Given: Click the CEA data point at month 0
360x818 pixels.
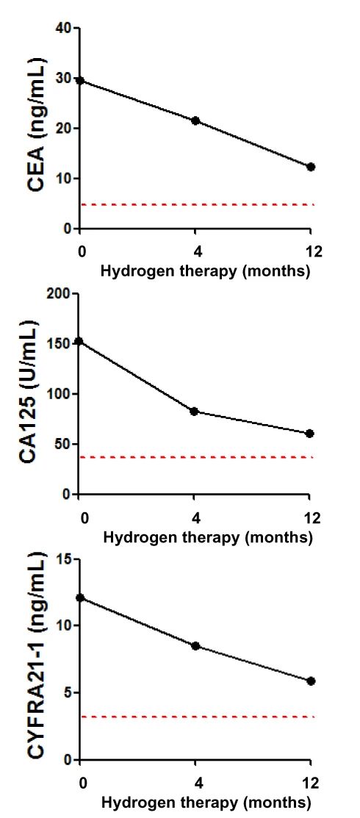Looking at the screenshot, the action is [x=80, y=80].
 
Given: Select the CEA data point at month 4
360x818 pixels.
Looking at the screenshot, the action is [x=195, y=121].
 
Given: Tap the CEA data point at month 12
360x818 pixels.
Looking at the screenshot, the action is [x=311, y=167].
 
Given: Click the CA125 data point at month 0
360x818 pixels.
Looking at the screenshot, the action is [x=79, y=341].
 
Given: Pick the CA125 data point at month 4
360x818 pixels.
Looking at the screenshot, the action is [x=194, y=411].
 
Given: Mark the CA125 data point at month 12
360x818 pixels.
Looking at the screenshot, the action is [x=309, y=434].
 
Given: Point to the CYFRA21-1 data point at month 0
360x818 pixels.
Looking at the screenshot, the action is [x=80, y=598].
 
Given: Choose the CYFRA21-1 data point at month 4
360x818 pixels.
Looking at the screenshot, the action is [x=195, y=646].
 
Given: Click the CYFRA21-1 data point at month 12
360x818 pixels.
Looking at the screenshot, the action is [x=311, y=681].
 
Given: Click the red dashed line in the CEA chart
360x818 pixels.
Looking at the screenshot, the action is [x=195, y=204].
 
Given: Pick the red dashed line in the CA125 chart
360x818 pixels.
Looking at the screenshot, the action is [x=194, y=457].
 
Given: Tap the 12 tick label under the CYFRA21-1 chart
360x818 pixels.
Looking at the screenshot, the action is [x=312, y=783].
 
